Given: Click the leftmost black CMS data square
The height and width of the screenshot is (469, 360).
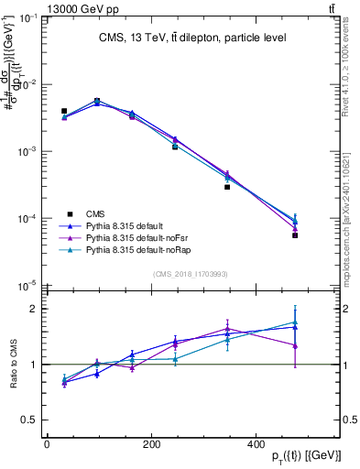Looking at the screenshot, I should (64, 111).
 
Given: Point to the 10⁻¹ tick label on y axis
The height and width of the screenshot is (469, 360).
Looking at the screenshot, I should (28, 17).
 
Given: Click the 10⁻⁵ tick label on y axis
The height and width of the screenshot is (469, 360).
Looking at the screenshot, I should (28, 286).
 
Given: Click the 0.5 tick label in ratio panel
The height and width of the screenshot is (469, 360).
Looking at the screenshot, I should (30, 420).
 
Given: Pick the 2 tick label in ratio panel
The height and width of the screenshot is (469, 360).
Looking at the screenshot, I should (34, 310).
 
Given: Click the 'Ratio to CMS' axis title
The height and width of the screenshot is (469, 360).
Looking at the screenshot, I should (12, 365).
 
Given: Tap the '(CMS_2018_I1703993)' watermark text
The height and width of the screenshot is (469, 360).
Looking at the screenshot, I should (190, 274).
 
